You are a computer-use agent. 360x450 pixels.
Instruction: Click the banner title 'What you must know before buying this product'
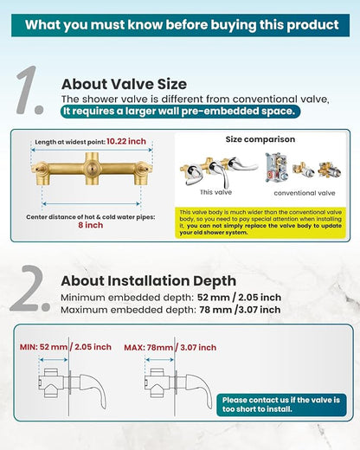click(x=182, y=25)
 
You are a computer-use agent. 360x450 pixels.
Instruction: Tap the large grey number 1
click(x=29, y=90)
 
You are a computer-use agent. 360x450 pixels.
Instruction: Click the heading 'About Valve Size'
click(x=124, y=84)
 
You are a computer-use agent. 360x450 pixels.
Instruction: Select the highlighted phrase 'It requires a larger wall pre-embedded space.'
click(x=180, y=111)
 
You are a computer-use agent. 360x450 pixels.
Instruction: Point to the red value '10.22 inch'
click(x=126, y=141)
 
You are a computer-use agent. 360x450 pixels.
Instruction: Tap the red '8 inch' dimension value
click(x=91, y=225)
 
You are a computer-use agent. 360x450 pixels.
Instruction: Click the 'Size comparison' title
click(x=260, y=139)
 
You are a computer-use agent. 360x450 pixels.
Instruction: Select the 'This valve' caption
click(x=215, y=192)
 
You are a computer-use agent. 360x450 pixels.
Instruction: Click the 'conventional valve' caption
click(x=305, y=193)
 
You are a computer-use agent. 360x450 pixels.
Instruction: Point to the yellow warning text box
click(x=260, y=222)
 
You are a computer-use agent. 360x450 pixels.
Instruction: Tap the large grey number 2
click(x=29, y=288)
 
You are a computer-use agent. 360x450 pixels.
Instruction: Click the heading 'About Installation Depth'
click(x=149, y=281)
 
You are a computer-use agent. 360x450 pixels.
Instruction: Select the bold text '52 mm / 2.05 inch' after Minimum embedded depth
click(x=239, y=298)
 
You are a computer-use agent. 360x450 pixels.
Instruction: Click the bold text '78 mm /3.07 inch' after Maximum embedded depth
click(x=240, y=310)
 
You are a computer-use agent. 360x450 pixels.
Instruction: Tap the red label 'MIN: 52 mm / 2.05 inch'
click(x=66, y=347)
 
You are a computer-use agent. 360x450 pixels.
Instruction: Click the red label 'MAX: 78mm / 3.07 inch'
click(x=170, y=347)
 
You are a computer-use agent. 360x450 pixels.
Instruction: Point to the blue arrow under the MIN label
click(x=54, y=360)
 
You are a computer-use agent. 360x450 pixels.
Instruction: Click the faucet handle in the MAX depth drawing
click(x=199, y=389)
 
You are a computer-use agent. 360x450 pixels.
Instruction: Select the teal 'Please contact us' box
click(x=281, y=405)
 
